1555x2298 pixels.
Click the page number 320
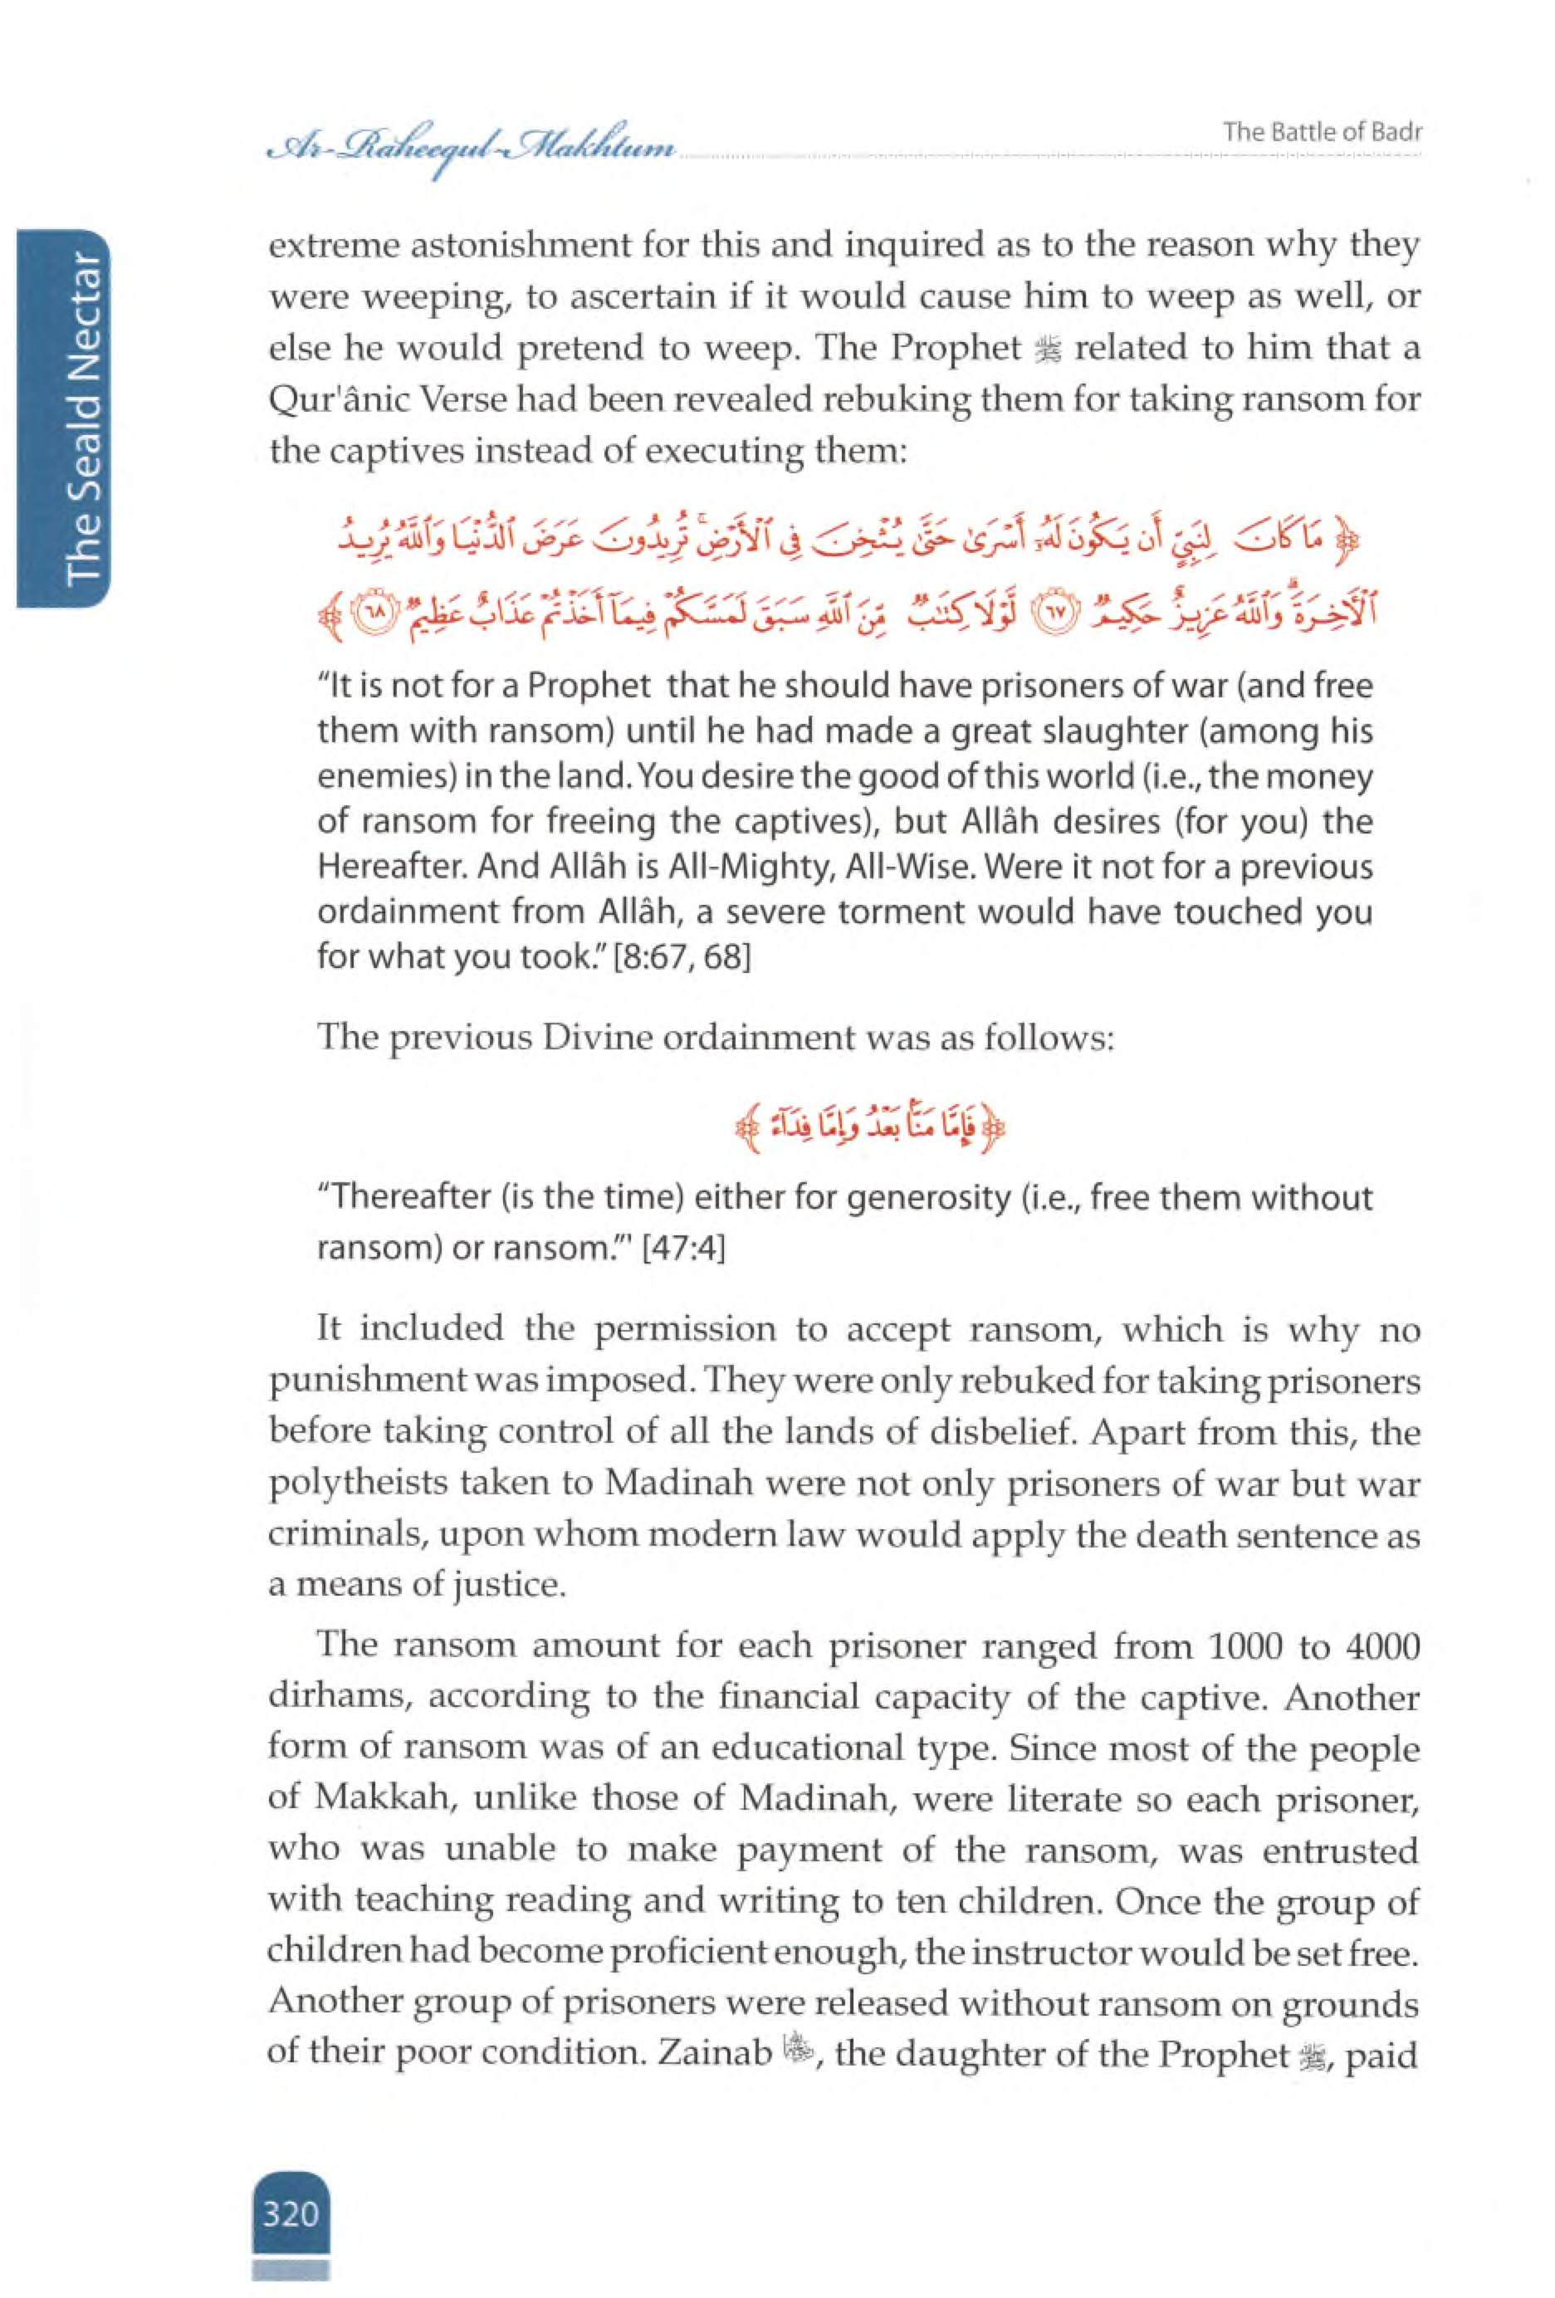(290, 2211)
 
